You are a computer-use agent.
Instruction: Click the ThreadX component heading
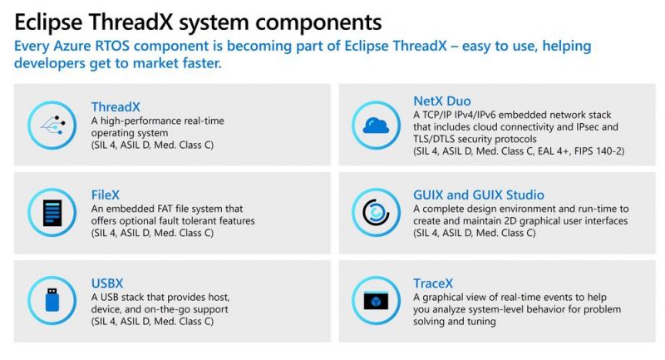116,106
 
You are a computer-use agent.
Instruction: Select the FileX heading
106,195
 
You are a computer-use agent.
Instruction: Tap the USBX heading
107,283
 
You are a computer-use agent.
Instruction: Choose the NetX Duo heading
441,101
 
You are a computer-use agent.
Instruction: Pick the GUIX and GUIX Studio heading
483,195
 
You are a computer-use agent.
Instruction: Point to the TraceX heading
432,283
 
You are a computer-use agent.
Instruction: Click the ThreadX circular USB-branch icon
52,125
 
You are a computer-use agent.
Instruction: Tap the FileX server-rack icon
52,213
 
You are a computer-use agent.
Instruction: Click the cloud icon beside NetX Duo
376,125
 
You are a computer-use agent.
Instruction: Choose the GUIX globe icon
376,213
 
